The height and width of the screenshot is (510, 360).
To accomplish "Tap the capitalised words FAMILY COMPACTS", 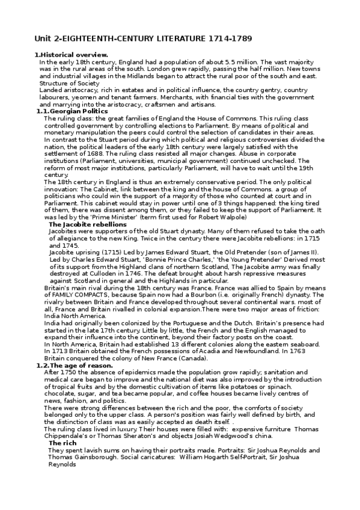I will [79, 295].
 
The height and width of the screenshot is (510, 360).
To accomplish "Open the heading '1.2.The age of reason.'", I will [75, 365].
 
